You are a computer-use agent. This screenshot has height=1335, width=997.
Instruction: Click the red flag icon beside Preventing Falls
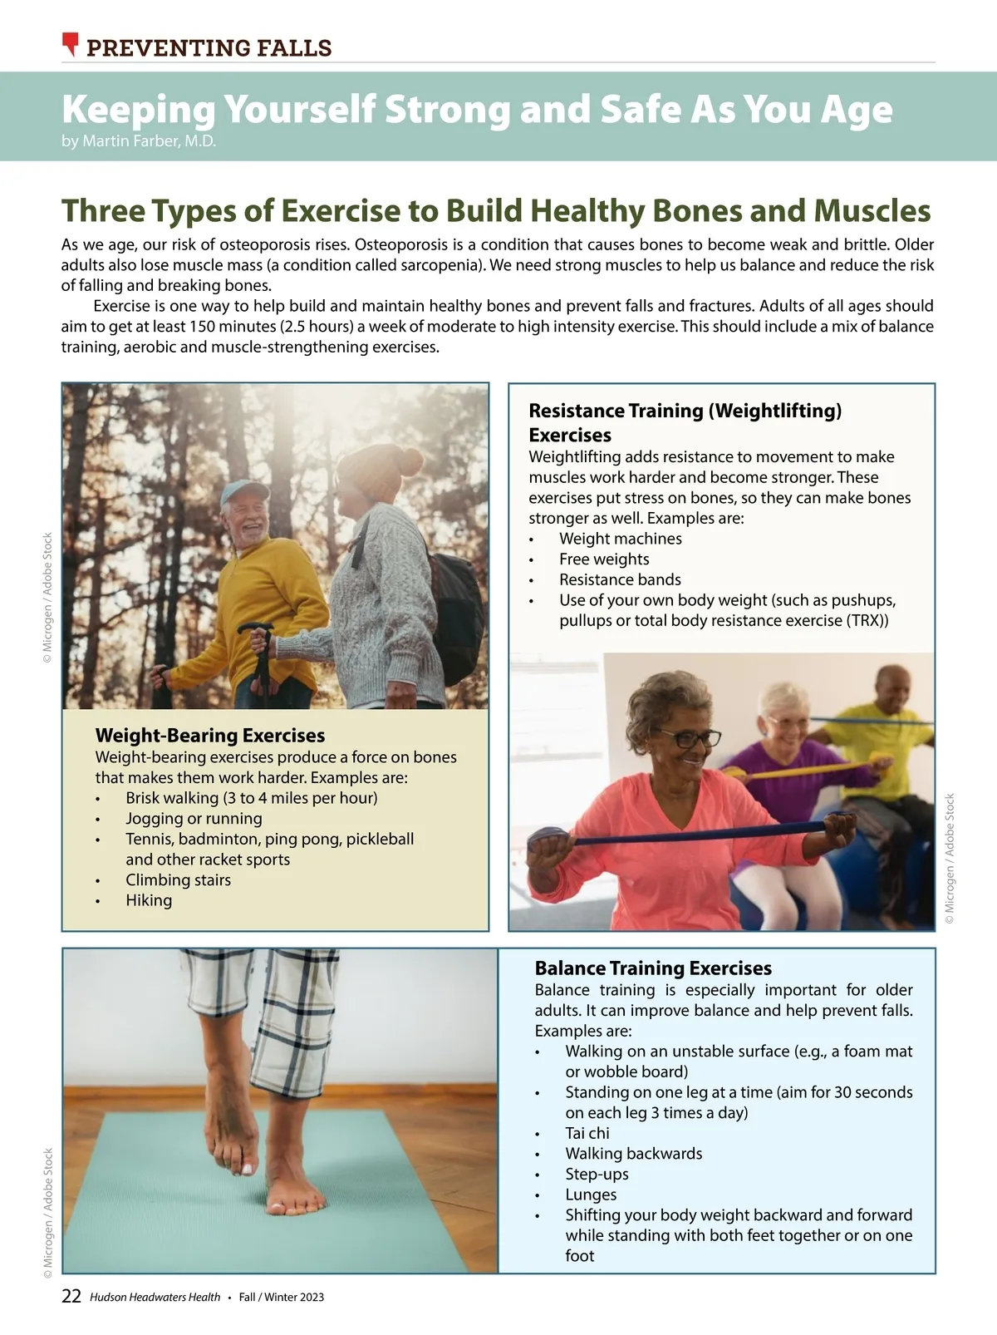(x=71, y=44)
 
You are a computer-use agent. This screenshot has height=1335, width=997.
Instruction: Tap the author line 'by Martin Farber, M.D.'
(x=139, y=141)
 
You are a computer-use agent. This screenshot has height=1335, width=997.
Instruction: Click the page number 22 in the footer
(x=71, y=1295)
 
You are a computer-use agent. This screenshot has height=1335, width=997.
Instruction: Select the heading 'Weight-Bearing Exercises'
(x=209, y=736)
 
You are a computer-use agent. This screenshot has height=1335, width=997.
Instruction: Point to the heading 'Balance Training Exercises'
(x=653, y=968)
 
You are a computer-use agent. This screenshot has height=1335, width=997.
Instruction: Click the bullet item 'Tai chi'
(x=587, y=1132)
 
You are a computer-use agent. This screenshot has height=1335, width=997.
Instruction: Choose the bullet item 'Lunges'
(x=591, y=1194)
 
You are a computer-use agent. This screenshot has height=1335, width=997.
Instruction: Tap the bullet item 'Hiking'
(x=149, y=900)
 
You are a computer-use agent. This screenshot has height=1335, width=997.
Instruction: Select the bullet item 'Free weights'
(x=604, y=559)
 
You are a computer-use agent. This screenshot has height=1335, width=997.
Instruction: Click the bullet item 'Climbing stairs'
(x=178, y=879)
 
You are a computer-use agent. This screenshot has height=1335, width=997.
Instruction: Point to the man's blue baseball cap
(x=243, y=490)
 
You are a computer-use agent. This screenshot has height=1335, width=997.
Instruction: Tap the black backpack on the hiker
(x=456, y=614)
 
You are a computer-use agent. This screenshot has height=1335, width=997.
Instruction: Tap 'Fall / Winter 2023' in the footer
(x=282, y=1297)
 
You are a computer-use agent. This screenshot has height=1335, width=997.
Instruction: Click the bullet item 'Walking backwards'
(x=633, y=1153)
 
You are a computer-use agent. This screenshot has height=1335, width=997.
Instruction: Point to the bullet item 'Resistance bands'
(x=620, y=579)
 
